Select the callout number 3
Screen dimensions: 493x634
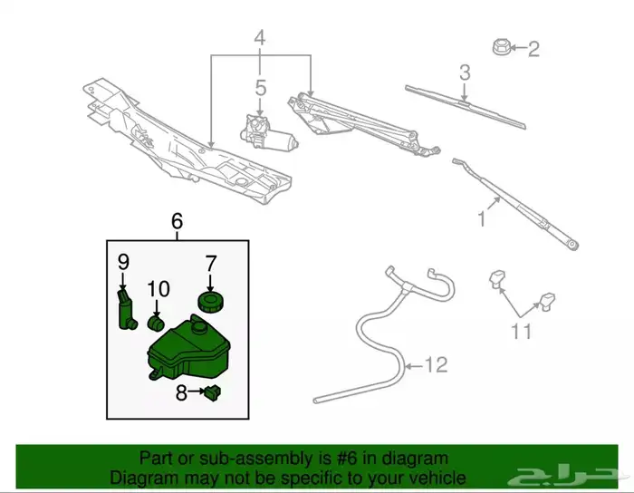(x=464, y=72)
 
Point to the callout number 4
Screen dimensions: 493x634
(x=260, y=39)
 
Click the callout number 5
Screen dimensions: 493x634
(x=260, y=89)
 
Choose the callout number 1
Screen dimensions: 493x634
(x=483, y=217)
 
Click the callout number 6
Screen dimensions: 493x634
(x=177, y=220)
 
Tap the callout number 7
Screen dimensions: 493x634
(x=210, y=265)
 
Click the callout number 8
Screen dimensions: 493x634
(x=181, y=393)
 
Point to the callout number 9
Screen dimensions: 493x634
(x=124, y=263)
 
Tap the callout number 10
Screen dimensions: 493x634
(x=158, y=288)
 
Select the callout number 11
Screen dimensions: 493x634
(x=521, y=332)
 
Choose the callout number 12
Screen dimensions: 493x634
(x=437, y=365)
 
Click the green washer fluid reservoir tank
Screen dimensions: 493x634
(x=186, y=348)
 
